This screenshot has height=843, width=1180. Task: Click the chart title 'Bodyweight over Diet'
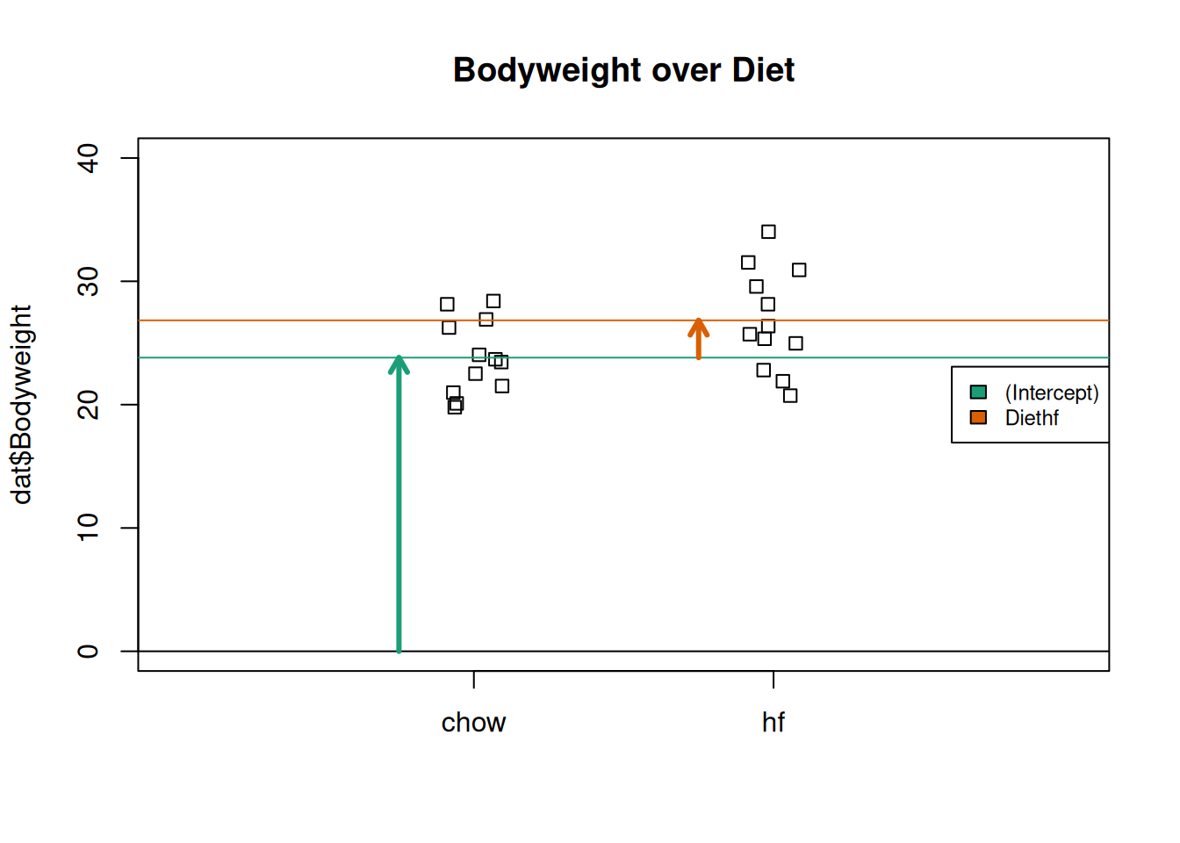coord(623,70)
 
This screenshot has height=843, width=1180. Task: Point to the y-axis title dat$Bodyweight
coord(21,405)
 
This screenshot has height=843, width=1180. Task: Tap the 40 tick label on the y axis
coord(88,158)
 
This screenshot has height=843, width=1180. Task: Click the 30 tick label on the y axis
coord(88,281)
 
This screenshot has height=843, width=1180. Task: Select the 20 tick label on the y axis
coord(88,405)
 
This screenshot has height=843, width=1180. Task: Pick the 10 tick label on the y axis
coord(88,528)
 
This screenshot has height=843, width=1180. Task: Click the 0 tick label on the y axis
coord(88,651)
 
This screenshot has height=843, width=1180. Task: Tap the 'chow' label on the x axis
coord(473,723)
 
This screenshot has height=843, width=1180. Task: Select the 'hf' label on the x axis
coord(773,723)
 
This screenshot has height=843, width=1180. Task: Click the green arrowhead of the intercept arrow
coord(399,363)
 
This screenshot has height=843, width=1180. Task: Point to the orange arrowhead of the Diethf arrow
coord(698,325)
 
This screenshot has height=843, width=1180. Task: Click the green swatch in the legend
coord(978,393)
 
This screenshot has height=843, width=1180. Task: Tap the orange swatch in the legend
coord(978,417)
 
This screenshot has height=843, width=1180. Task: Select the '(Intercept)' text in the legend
coord(1052,393)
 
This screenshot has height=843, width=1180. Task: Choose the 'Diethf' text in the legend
coord(1032,418)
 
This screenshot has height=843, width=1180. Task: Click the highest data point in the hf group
coord(768,232)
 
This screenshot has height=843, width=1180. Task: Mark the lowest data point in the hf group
coord(790,396)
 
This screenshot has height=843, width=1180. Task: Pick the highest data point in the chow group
coord(493,301)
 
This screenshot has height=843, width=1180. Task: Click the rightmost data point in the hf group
coord(799,270)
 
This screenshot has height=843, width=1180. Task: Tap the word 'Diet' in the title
coord(764,70)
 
